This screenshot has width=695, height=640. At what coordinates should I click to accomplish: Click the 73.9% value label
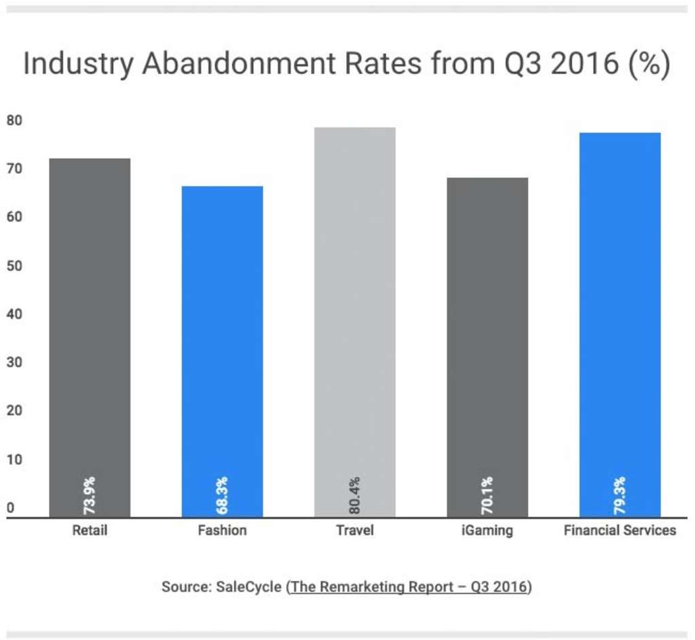90,495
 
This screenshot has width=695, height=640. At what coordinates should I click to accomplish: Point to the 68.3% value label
222,495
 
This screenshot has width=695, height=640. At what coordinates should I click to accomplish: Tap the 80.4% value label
354,495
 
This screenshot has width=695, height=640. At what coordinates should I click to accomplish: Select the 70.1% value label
487,495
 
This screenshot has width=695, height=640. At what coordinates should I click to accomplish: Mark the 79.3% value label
620,495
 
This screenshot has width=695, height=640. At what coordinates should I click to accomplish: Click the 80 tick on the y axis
14,121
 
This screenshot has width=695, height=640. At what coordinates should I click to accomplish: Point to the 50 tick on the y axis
14,266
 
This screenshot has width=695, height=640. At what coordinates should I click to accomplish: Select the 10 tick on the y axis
14,459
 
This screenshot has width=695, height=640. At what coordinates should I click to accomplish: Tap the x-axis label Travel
354,530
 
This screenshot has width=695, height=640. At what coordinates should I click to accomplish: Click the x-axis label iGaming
487,530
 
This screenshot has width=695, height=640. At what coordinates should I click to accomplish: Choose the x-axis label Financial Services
620,530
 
